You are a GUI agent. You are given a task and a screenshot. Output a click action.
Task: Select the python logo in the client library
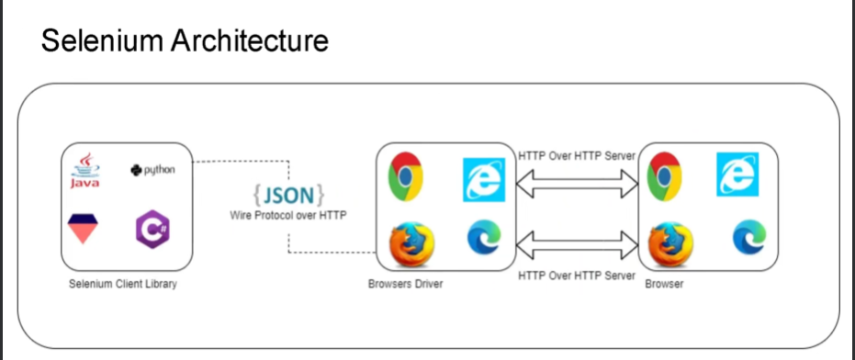[x=152, y=170]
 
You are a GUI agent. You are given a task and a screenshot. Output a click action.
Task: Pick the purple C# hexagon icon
[x=152, y=229]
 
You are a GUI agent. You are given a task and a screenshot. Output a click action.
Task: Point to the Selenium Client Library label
[x=123, y=284]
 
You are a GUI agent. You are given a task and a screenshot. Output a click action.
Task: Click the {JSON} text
[x=288, y=195]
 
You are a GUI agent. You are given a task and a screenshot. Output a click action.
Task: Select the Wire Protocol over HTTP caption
[x=287, y=214]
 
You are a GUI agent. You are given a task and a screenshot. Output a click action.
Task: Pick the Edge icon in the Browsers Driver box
[x=483, y=239]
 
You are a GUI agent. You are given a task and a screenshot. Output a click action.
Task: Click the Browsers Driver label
[x=405, y=284]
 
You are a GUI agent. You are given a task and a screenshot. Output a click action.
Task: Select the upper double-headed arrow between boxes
[x=577, y=187]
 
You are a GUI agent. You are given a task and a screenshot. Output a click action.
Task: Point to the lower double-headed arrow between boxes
[x=577, y=245]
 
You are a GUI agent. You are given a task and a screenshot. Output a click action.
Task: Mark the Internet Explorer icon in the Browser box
[x=738, y=175]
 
